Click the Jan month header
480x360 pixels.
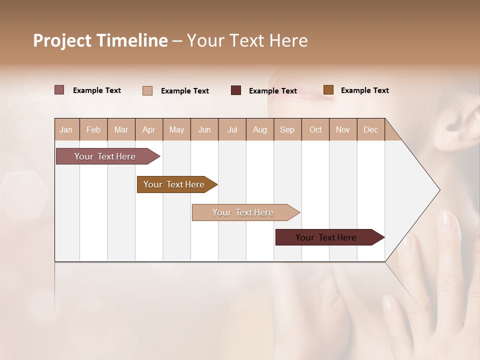[66, 129]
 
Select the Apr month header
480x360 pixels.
[149, 129]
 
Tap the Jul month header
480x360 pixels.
[232, 129]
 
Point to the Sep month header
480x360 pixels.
[287, 129]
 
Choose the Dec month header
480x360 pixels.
[370, 129]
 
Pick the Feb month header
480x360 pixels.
[93, 129]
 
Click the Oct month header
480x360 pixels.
[315, 129]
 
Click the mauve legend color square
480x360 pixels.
[59, 90]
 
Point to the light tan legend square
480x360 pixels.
[147, 90]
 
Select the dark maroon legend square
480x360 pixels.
[236, 90]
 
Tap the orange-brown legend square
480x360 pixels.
[328, 90]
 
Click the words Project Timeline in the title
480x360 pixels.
[100, 40]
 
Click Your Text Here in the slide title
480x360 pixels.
[247, 40]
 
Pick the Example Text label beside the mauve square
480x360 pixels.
[97, 90]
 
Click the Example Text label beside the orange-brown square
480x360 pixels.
[365, 90]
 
